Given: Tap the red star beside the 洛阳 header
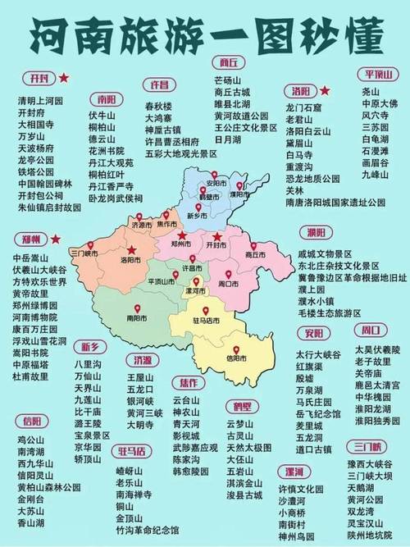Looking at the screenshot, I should tap(326, 89).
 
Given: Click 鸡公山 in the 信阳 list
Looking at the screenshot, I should tap(30, 440).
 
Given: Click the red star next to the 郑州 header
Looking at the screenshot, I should tap(56, 239).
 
